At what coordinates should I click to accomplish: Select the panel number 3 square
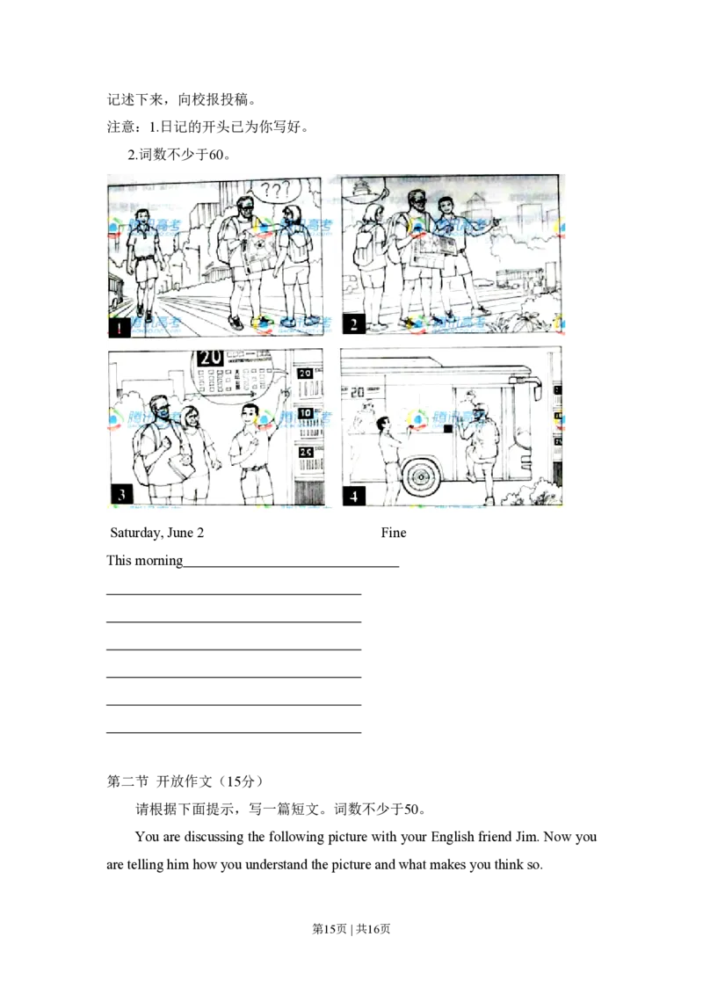tap(120, 493)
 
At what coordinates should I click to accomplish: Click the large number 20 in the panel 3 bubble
tap(209, 359)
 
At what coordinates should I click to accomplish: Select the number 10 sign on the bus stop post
tap(305, 411)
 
